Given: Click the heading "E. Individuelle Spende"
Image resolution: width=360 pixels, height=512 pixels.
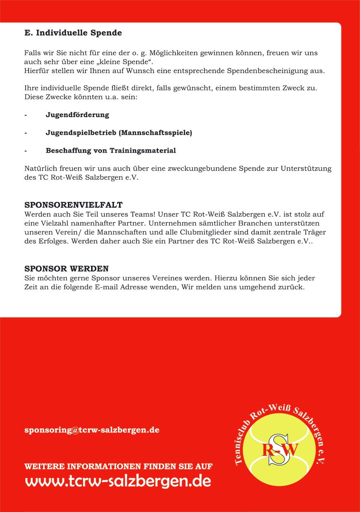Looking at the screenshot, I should [73, 33].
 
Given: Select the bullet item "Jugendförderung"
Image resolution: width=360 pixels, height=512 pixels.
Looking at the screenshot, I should [77, 115].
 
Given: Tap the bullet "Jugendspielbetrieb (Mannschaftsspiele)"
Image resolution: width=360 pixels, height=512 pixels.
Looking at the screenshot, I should [119, 133].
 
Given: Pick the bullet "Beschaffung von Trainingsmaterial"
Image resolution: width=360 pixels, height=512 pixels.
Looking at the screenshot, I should [111, 151].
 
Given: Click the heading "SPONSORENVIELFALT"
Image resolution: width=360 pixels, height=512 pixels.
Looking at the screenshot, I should [74, 205].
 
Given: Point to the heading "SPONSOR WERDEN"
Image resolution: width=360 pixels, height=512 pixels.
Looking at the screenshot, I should [66, 269].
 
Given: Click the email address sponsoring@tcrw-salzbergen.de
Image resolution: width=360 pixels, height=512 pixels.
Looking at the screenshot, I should [92, 430].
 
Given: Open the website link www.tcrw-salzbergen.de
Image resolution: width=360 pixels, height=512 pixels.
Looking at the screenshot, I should [118, 481].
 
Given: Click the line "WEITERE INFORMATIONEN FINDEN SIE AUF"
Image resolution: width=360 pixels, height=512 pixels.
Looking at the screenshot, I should [119, 466].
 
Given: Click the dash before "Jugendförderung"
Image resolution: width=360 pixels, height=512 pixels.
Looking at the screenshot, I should [26, 115].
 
